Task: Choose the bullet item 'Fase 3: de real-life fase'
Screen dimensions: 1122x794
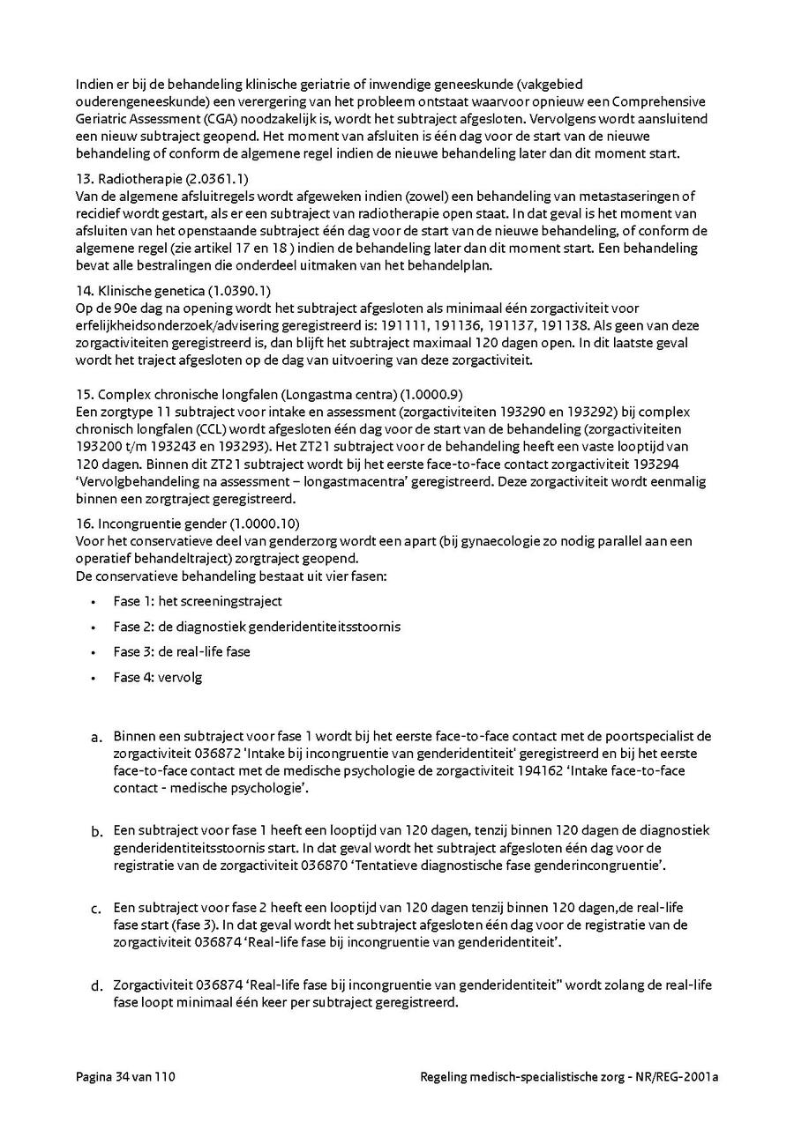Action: [x=182, y=652]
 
